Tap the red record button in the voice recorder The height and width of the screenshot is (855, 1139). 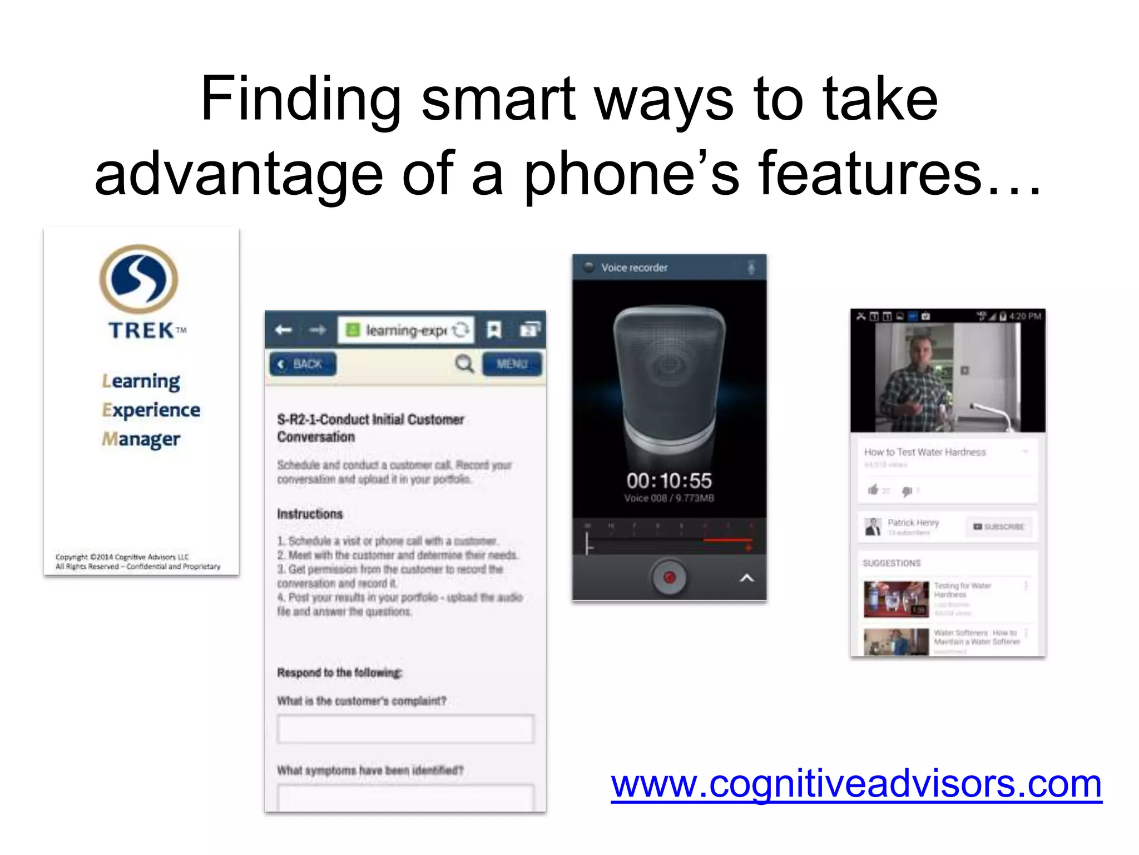pos(669,578)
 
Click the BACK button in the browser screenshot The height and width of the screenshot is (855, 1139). pos(303,364)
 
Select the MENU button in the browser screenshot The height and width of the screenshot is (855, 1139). pos(512,364)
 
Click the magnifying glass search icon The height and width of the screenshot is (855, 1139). pos(464,364)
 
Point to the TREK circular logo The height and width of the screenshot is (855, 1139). pos(139,279)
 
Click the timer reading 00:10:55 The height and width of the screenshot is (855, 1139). pos(669,480)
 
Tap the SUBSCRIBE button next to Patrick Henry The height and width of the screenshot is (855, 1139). pos(999,527)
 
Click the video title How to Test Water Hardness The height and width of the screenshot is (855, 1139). pos(924,452)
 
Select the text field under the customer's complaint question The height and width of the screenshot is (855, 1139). pos(405,729)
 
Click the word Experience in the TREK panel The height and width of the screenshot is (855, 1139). pos(151,410)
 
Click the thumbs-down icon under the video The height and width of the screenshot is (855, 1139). pos(907,491)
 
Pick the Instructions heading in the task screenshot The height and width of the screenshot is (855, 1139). pos(310,514)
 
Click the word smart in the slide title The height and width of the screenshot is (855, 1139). pos(498,99)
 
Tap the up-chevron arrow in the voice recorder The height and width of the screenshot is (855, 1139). pos(747,578)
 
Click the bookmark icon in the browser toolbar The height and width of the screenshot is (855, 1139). pos(494,330)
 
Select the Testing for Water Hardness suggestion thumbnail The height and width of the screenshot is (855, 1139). pos(896,599)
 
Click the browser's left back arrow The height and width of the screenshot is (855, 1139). pos(284,330)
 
